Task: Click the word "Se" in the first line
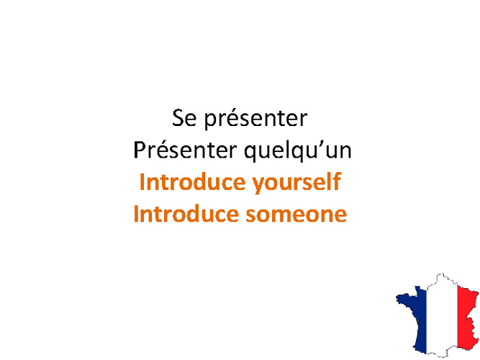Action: (x=184, y=118)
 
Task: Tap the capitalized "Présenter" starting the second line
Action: (x=185, y=150)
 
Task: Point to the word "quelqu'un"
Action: (x=298, y=150)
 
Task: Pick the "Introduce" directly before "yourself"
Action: (x=193, y=181)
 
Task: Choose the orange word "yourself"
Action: (x=296, y=183)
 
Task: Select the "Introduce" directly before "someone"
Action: (x=186, y=213)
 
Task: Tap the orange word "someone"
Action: (x=296, y=215)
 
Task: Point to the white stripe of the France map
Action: (x=442, y=315)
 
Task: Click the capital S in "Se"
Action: (x=178, y=118)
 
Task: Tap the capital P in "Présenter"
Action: (x=140, y=150)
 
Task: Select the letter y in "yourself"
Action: (x=258, y=185)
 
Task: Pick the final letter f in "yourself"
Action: (x=337, y=181)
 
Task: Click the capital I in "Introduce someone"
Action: (x=136, y=214)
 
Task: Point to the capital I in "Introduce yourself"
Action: (x=142, y=182)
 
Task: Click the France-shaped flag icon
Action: (x=437, y=315)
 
